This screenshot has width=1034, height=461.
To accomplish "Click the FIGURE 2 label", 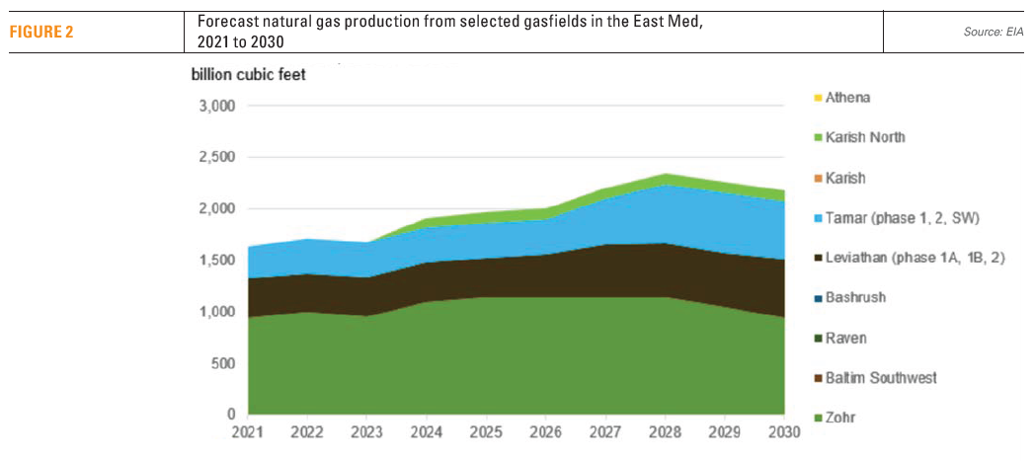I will click(x=42, y=31).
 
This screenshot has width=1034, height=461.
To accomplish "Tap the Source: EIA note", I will click(x=993, y=33).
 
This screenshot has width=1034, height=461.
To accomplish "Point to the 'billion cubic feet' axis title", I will click(x=248, y=76).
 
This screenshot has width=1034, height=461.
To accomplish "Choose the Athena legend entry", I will click(x=846, y=98).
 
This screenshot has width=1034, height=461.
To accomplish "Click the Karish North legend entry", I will click(x=864, y=137).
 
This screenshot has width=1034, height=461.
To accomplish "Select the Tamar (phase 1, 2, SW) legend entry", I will click(x=899, y=217).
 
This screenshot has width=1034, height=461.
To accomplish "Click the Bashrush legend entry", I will click(x=855, y=297).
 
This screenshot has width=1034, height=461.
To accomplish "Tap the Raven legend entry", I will click(x=845, y=338).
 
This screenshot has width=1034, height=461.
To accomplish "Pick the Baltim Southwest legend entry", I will click(x=880, y=378).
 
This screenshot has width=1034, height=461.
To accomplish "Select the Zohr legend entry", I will click(x=840, y=418).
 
